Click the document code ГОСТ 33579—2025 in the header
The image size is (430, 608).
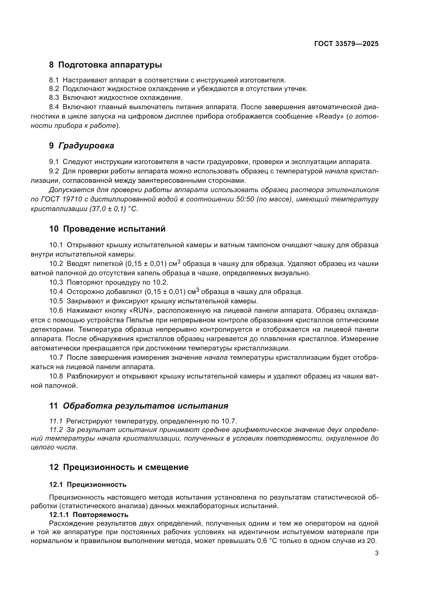point(346,44)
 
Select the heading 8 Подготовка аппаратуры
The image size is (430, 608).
point(105,65)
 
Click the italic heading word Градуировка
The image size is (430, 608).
point(86,146)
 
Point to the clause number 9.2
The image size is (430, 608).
point(54,171)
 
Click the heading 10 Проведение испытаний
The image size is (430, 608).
point(107,229)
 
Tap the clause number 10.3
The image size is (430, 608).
point(56,283)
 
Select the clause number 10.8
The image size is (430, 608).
point(56,376)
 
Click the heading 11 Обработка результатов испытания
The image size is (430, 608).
point(139,406)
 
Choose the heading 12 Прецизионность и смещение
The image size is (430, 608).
point(119,467)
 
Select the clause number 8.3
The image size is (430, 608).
point(54,98)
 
